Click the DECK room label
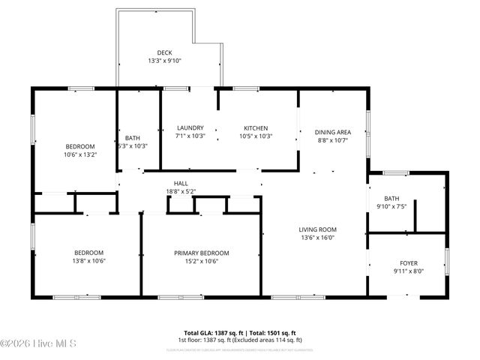(x=164, y=52)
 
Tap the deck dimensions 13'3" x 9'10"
(x=164, y=61)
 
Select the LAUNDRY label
(x=190, y=128)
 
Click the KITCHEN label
(x=255, y=128)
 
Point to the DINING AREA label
(x=333, y=132)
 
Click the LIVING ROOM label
(x=318, y=229)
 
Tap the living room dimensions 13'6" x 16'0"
(x=318, y=238)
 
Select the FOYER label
(x=409, y=263)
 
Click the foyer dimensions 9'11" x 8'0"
(x=409, y=272)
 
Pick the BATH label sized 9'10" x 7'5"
(x=391, y=198)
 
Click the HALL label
(x=181, y=183)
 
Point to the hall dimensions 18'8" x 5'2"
(x=181, y=192)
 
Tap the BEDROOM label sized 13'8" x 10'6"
(x=88, y=253)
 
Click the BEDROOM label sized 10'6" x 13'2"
(x=80, y=146)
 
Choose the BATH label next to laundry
(x=133, y=138)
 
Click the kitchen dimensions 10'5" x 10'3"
(x=255, y=136)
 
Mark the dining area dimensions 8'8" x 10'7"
(x=333, y=140)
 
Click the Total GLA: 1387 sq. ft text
(x=209, y=332)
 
